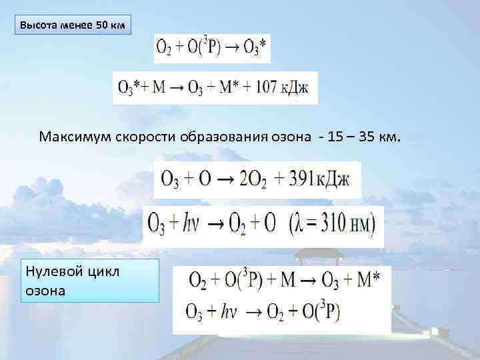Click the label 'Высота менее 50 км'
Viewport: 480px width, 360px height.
(x=72, y=26)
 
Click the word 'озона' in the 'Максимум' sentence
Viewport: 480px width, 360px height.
(x=290, y=137)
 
